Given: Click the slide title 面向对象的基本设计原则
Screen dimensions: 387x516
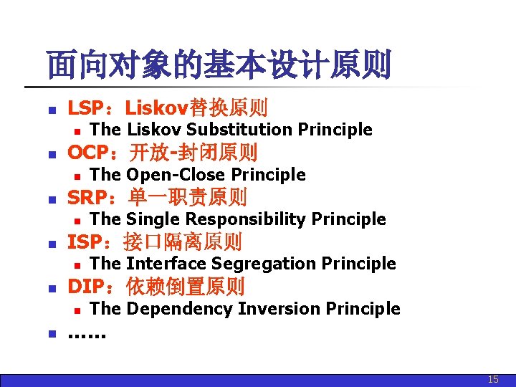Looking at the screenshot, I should [x=219, y=65].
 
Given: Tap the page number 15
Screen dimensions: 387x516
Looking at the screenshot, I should [x=493, y=379].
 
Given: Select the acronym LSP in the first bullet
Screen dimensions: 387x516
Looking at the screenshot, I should [x=84, y=108].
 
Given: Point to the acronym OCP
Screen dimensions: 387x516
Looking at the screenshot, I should [x=85, y=153].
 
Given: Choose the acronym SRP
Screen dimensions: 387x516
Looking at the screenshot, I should [x=85, y=197].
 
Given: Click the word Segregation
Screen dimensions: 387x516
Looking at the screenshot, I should [x=275, y=264].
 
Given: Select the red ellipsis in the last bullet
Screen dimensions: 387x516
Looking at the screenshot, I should [x=86, y=334].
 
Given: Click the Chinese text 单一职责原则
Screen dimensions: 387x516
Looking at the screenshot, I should [x=188, y=197].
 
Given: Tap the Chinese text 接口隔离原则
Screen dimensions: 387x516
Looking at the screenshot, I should [x=183, y=242].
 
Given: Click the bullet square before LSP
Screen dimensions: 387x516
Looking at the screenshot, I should [x=50, y=110].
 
